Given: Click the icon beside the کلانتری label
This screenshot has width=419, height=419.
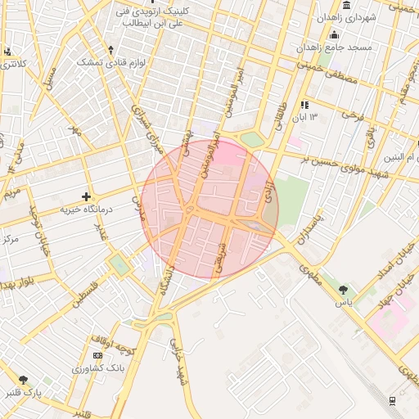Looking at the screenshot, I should pyautogui.click(x=7, y=52).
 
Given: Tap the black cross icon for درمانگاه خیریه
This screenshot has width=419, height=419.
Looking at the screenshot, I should pyautogui.click(x=86, y=196).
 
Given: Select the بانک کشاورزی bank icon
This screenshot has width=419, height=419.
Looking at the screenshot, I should pyautogui.click(x=98, y=356).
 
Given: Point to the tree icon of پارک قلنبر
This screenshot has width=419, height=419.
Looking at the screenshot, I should pyautogui.click(x=22, y=380).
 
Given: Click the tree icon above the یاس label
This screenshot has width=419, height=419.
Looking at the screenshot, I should pyautogui.click(x=343, y=290).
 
